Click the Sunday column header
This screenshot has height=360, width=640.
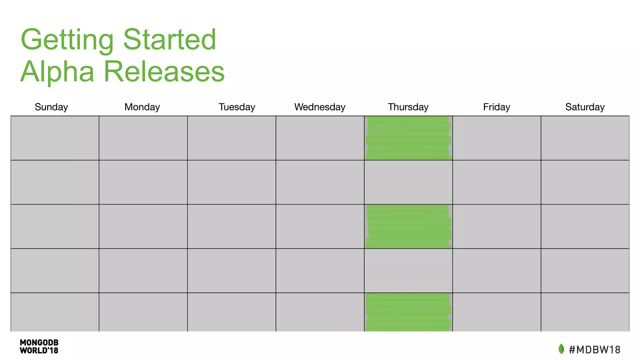(x=51, y=107)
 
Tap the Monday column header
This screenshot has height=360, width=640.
(x=142, y=107)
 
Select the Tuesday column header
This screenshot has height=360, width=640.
(x=237, y=107)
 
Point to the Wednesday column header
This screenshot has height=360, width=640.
(x=320, y=107)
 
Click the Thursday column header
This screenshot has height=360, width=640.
(x=408, y=107)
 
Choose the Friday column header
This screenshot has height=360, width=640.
(x=497, y=107)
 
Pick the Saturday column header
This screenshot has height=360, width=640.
(x=585, y=107)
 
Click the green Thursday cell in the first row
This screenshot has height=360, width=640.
(x=408, y=138)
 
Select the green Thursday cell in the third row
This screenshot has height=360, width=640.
(x=408, y=227)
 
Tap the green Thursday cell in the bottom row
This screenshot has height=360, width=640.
(x=408, y=312)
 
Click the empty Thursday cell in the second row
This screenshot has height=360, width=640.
(x=408, y=182)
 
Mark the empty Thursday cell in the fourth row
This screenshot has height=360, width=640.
(x=408, y=271)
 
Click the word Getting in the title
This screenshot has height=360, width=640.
(x=67, y=40)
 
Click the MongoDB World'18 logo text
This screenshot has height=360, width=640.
(x=39, y=347)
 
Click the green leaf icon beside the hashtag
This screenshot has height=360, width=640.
(x=561, y=349)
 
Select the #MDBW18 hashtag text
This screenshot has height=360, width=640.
(x=594, y=349)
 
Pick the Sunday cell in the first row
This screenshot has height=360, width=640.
(x=55, y=138)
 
